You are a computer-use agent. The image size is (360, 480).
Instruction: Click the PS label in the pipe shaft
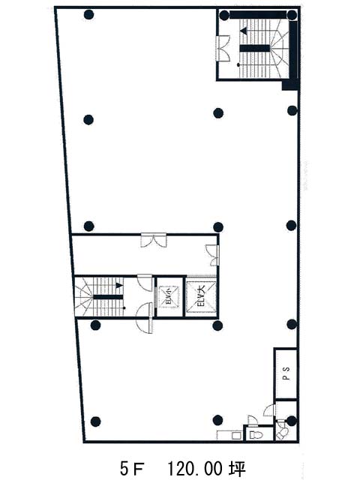tap(286, 373)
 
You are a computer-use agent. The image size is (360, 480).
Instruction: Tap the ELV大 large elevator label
tap(202, 297)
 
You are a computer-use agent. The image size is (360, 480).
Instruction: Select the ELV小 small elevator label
tap(168, 296)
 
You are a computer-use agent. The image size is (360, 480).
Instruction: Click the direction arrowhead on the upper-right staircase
tap(244, 31)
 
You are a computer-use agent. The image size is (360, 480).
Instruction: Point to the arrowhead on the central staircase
tap(119, 286)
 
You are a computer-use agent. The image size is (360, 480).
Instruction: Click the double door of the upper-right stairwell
tap(223, 48)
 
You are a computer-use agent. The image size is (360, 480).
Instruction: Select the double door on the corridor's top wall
tap(154, 240)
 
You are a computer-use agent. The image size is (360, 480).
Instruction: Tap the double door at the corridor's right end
tap(213, 255)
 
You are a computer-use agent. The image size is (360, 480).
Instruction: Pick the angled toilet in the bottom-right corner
tap(283, 432)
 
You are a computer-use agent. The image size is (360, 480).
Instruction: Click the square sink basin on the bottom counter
tap(236, 435)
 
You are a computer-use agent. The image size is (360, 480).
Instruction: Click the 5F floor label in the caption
tap(132, 468)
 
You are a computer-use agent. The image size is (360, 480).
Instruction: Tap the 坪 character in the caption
tap(238, 468)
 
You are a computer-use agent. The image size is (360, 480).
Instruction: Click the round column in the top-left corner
tap(88, 15)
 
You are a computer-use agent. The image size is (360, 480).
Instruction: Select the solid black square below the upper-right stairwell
tap(290, 85)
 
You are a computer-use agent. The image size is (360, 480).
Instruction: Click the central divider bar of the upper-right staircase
tap(255, 48)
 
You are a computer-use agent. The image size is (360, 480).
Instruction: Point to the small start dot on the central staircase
tap(124, 307)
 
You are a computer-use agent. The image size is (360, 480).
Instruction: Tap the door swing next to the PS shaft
tap(269, 409)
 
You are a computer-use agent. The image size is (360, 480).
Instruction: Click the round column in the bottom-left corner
tap(96, 421)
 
